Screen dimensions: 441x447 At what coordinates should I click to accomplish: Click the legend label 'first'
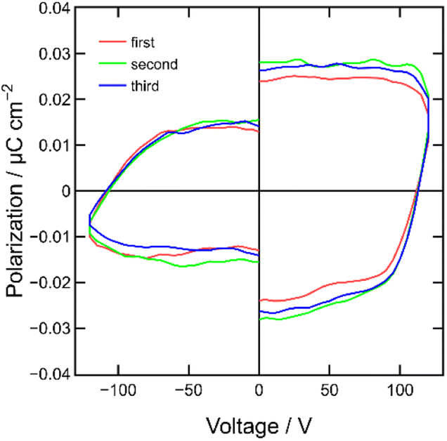143,44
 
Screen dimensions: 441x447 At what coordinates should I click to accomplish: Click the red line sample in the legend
111,44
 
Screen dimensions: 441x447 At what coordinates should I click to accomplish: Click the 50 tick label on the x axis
330,390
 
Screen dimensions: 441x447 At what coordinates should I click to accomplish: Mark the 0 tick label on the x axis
259,390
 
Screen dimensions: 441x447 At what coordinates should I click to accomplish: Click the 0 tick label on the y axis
65,191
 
